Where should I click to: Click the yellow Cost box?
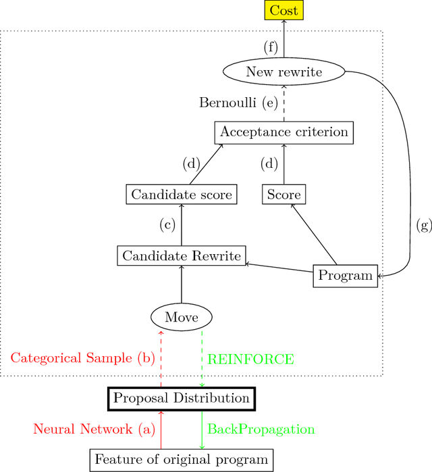(283, 10)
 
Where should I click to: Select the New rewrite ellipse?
(283, 72)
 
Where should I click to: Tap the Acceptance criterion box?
(283, 131)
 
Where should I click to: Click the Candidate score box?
(182, 195)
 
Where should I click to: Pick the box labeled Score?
(283, 195)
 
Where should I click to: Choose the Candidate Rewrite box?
(182, 256)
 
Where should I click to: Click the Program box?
(345, 275)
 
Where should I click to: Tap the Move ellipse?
(182, 316)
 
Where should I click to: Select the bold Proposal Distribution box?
(182, 398)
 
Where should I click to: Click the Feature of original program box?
(182, 460)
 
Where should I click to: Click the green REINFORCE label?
(250, 359)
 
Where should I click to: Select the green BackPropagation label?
(261, 429)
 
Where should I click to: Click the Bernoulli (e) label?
(238, 102)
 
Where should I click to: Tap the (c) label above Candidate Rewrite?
(167, 225)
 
